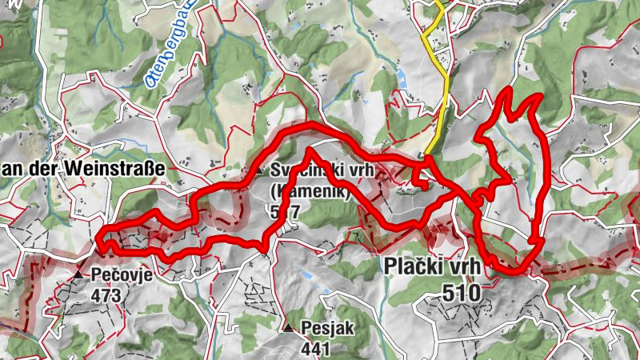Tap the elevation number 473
(x=106, y=295)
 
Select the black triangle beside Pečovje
(x=78, y=274)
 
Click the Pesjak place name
(x=327, y=327)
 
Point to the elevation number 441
(x=316, y=348)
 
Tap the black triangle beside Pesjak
(x=288, y=327)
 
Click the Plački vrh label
(x=432, y=266)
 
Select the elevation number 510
(x=461, y=294)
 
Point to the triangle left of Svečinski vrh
(x=260, y=170)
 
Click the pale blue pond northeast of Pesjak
(x=307, y=274)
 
